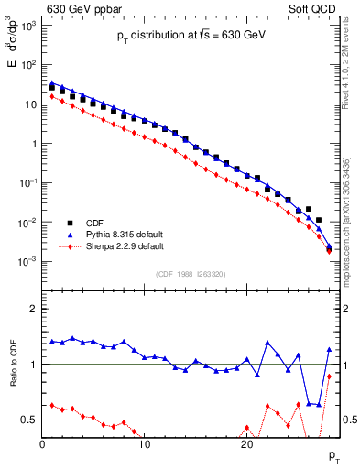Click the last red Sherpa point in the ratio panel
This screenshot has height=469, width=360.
click(329, 376)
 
